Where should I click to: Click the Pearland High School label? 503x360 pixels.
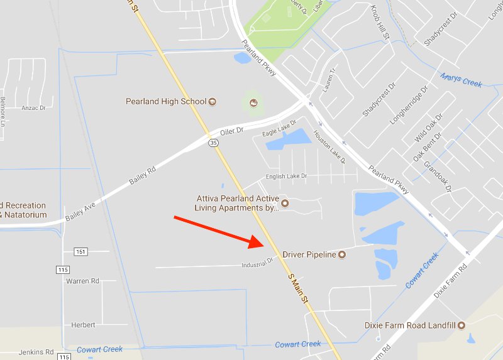[x=165, y=101]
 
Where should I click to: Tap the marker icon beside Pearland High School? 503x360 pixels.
[x=212, y=101]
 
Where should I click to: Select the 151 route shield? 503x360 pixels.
[x=80, y=251]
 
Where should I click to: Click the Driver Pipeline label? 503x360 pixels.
[x=309, y=254]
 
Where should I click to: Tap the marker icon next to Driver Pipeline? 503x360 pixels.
[x=342, y=254]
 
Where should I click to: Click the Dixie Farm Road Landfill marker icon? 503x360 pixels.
[x=461, y=325]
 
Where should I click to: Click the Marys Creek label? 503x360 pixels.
[x=461, y=79]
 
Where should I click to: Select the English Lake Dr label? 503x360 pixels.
[x=286, y=177]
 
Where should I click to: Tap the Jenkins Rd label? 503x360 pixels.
[x=36, y=352]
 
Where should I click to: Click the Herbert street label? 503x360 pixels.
[x=83, y=325]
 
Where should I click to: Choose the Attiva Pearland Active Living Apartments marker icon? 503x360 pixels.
[x=284, y=203]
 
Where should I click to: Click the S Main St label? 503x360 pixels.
[x=299, y=287]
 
